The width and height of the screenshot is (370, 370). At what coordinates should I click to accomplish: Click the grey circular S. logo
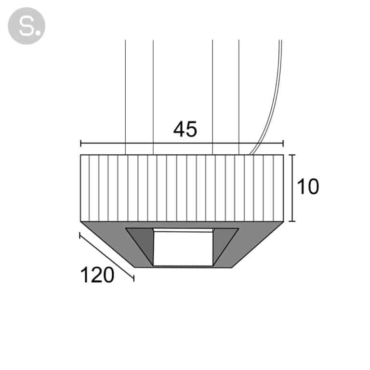[x=26, y=26]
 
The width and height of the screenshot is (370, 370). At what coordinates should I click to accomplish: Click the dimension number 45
[x=185, y=129]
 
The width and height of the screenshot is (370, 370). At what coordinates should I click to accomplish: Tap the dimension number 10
[x=308, y=186]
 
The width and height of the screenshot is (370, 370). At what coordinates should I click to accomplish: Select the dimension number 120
[x=97, y=275]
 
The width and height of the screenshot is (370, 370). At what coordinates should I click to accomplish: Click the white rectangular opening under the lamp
[x=184, y=249]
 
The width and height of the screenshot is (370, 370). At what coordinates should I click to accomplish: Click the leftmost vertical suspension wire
[x=125, y=97]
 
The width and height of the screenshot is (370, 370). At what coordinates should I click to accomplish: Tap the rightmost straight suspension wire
[x=239, y=97]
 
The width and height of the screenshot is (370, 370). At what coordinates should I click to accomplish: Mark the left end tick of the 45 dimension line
[x=81, y=143]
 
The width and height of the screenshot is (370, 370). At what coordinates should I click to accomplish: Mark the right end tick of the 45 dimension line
[x=283, y=143]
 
